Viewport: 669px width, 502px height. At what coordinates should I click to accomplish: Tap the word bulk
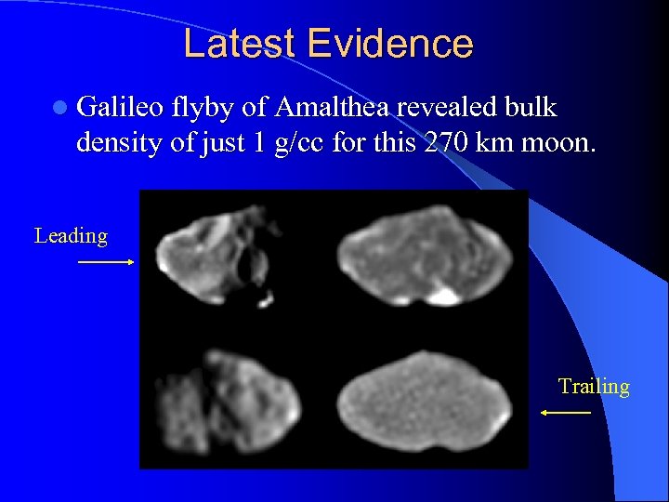click(532, 109)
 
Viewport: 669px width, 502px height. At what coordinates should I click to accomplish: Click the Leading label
click(71, 236)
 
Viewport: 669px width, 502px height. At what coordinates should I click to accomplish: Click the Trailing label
click(594, 386)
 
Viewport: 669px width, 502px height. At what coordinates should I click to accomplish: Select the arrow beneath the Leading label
click(105, 263)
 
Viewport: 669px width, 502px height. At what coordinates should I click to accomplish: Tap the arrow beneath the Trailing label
click(565, 412)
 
